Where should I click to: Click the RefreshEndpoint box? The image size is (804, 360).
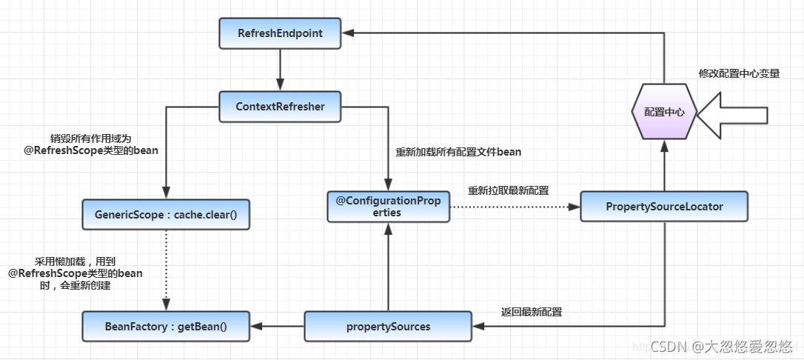coord(280,34)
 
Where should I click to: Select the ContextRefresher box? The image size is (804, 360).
coord(280,107)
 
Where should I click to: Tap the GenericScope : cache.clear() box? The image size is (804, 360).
coord(166,214)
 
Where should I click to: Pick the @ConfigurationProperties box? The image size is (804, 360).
coord(388,207)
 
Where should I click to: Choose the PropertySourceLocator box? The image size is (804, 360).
coord(664,207)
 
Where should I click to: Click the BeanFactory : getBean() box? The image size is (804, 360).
coord(166,326)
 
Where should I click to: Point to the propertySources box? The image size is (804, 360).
coord(388,326)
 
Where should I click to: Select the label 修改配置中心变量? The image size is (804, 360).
coord(740,74)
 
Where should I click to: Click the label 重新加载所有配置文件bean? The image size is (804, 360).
coord(458,153)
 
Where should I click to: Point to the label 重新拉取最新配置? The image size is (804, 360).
coord(508,191)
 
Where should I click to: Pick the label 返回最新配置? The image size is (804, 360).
coord(532,312)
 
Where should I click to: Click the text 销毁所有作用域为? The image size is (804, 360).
coord(85,139)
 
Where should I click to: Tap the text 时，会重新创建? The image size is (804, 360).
coord(76,286)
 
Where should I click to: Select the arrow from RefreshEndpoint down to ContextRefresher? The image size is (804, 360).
coord(280,70)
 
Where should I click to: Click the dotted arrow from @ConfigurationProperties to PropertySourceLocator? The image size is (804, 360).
coord(515,207)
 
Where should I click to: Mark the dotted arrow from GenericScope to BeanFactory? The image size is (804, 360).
coord(166,270)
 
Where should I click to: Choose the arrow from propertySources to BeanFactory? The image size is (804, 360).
coord(277,326)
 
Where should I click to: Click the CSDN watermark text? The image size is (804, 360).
coord(721,347)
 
